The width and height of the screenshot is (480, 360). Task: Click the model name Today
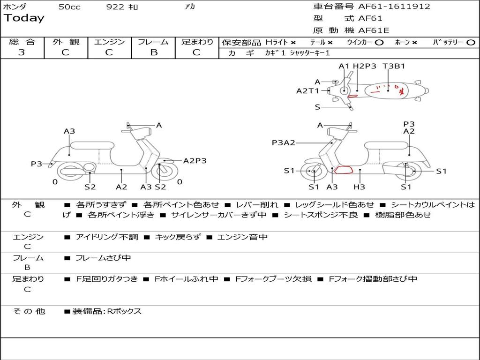coord(24,18)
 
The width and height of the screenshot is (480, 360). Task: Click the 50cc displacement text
coord(69,7)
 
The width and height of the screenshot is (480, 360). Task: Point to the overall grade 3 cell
coord(22,52)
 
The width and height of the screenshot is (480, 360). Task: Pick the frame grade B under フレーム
coord(153,52)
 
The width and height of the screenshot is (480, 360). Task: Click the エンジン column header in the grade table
coord(109,42)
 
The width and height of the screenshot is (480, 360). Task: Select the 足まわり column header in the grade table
coord(197,42)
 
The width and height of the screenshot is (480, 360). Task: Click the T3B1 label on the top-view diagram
coord(394,66)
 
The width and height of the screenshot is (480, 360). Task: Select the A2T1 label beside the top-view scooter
coord(307,91)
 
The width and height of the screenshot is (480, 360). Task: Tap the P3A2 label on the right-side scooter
coord(283,142)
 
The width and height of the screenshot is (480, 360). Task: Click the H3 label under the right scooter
coord(359,187)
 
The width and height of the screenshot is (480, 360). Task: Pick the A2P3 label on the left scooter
coord(195,160)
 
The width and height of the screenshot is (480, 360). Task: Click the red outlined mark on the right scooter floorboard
coord(344,170)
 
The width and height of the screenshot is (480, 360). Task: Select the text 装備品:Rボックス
coord(106,311)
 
